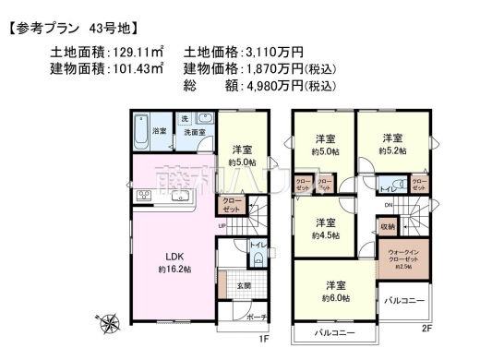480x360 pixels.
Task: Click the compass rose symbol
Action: (x=110, y=324)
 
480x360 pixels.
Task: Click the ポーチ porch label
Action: (x=256, y=318)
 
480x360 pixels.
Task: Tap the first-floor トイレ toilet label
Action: (x=257, y=246)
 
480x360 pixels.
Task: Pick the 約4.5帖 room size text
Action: (x=326, y=234)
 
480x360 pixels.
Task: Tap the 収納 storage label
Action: (x=387, y=226)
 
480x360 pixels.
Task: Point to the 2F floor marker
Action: (x=426, y=329)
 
